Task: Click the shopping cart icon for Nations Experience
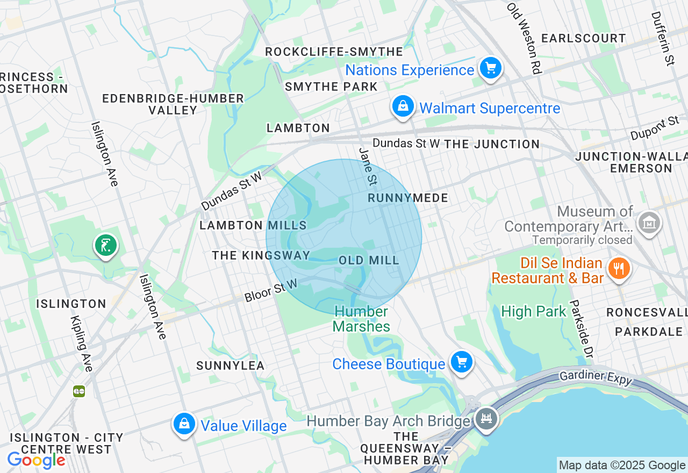click(490, 68)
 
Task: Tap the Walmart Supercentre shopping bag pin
click(403, 106)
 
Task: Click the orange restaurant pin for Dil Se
click(619, 268)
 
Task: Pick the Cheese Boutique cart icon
click(461, 362)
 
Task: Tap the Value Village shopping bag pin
click(184, 424)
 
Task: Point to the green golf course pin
click(106, 246)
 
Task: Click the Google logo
click(36, 460)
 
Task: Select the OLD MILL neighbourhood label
click(369, 261)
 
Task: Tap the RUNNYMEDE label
click(408, 198)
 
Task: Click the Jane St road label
click(367, 167)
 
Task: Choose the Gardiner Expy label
click(595, 377)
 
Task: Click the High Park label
click(534, 311)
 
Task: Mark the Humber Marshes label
click(361, 319)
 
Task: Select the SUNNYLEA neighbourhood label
click(231, 366)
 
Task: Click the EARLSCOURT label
click(583, 38)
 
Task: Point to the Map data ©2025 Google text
click(622, 465)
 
